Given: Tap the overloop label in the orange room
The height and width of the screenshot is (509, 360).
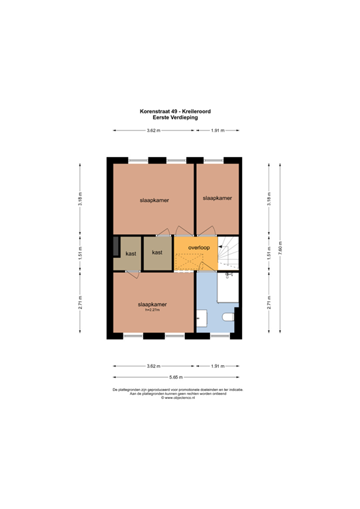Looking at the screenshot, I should click(198, 247).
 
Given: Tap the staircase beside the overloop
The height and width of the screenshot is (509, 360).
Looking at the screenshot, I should click(229, 253).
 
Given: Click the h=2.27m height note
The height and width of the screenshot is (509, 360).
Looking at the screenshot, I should click(152, 310).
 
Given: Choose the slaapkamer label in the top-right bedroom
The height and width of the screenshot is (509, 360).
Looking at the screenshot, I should click(217, 198).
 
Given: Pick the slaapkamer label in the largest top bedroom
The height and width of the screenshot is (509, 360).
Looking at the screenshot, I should click(153, 199).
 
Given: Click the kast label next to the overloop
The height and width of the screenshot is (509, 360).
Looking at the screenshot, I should click(157, 253).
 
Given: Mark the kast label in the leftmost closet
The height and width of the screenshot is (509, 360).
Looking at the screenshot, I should click(131, 254).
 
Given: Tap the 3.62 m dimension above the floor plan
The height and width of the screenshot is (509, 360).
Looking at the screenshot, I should click(153, 131).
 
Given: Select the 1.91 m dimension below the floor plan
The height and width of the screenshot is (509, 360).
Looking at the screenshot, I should click(217, 366).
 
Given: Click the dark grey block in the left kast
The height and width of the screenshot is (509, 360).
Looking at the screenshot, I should click(117, 246).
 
